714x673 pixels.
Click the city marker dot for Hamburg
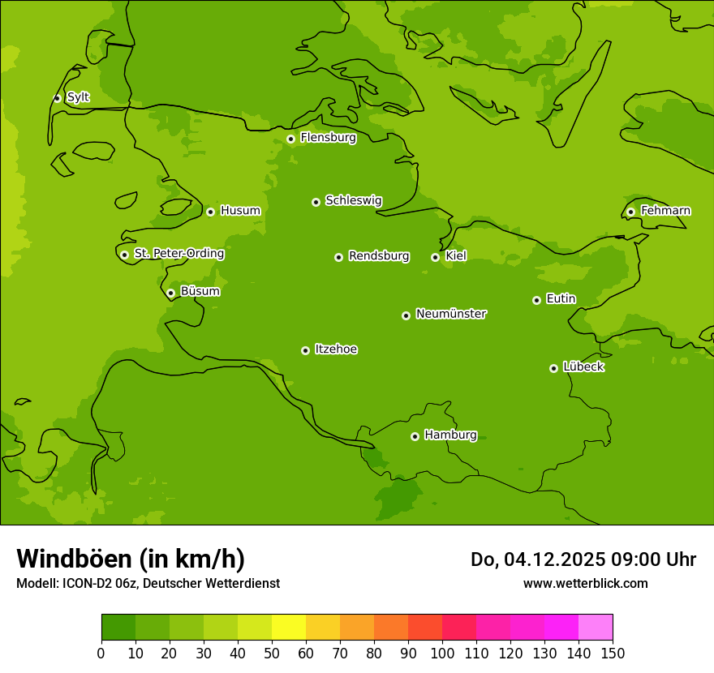click(x=415, y=436)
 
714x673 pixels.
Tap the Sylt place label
click(x=78, y=97)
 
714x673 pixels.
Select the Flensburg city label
click(x=328, y=138)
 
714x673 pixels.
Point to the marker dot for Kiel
click(x=435, y=257)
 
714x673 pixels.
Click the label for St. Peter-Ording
click(x=178, y=254)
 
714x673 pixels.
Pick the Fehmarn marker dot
click(x=630, y=212)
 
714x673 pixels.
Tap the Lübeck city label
click(x=583, y=367)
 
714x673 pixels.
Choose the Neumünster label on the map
click(x=450, y=314)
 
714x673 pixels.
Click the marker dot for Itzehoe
click(x=305, y=350)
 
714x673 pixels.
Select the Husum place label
click(x=240, y=211)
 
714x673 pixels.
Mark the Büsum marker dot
click(x=170, y=293)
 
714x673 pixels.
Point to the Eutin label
click(x=561, y=299)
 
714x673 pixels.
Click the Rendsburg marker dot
click(x=338, y=257)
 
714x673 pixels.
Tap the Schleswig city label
click(x=353, y=201)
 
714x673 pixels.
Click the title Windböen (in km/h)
click(x=131, y=559)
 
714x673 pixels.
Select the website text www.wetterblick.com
click(x=585, y=584)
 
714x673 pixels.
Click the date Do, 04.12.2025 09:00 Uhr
click(x=583, y=559)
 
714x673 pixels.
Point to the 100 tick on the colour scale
click(x=442, y=653)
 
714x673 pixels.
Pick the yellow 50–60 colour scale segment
click(x=289, y=628)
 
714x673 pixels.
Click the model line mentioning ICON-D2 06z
click(x=148, y=584)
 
